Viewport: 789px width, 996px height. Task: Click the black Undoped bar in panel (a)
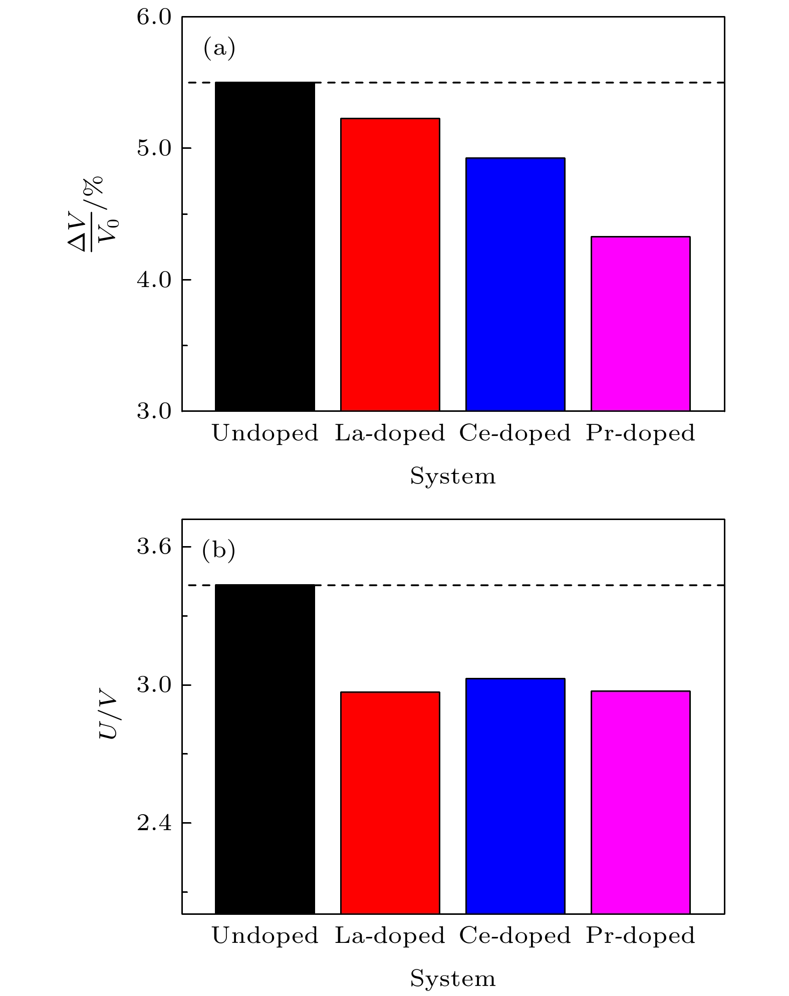coord(265,246)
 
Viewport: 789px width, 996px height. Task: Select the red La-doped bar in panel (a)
coord(390,265)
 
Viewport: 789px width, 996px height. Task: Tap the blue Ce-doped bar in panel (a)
coord(515,284)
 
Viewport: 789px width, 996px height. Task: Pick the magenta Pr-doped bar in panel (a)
coord(640,324)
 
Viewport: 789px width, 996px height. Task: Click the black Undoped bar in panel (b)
coord(265,749)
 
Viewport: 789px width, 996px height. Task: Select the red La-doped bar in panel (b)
coord(390,803)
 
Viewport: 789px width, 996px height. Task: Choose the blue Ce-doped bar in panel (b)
coord(515,796)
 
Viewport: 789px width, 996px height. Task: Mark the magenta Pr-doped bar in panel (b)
coord(640,802)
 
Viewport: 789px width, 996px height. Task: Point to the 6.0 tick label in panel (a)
coord(154,18)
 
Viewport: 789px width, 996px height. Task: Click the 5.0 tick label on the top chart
coord(154,149)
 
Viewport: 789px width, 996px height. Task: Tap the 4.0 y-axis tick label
coord(154,280)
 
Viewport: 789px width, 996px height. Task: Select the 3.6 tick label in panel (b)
coord(154,547)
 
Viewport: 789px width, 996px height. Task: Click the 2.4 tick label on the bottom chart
coord(154,823)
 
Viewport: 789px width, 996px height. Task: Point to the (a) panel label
coord(219,49)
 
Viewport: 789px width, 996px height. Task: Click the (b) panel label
coord(218,551)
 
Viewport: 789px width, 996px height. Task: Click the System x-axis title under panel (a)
coord(452,476)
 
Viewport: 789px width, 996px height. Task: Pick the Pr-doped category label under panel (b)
coord(640,935)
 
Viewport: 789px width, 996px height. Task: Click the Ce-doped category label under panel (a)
coord(515,433)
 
